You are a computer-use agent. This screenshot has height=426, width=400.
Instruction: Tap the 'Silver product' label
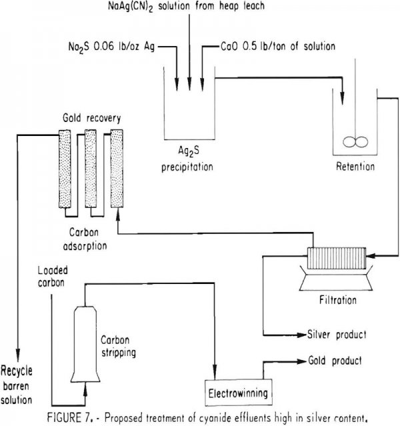(338, 334)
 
